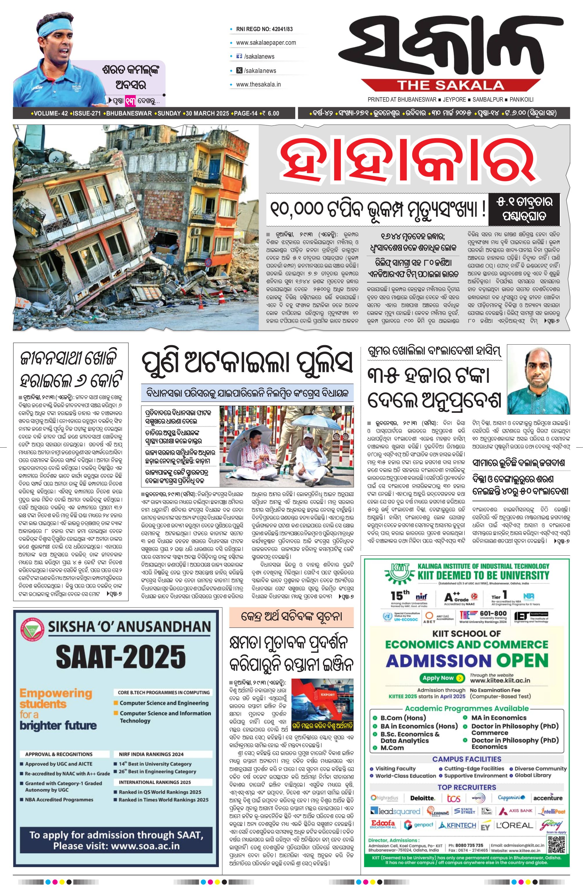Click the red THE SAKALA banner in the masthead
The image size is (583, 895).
[451, 85]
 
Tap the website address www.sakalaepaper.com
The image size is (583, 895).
[266, 42]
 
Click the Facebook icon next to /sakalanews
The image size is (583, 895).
[238, 56]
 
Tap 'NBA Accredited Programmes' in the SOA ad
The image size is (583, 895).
[59, 799]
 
